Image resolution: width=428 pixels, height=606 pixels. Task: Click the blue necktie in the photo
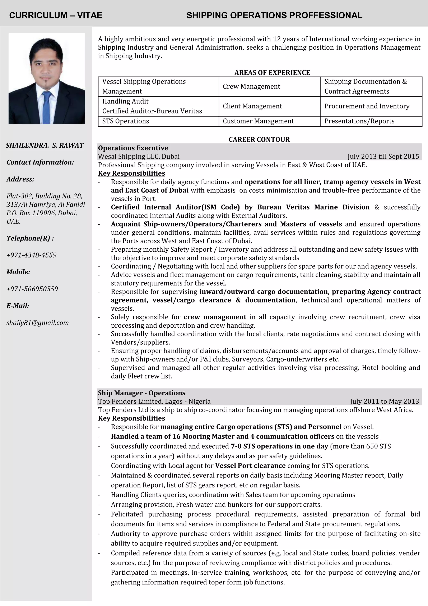pos(47,108)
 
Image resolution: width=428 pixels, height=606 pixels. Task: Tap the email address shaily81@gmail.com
pos(37,323)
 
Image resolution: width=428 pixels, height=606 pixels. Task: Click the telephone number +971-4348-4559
pos(31,255)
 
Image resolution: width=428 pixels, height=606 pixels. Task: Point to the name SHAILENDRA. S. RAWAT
pos(45,145)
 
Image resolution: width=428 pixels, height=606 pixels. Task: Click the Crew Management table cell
pos(251,87)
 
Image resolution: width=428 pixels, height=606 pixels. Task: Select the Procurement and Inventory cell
pos(367,106)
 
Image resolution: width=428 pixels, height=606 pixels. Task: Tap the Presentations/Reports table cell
pos(359,121)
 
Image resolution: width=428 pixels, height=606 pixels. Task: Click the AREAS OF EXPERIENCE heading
pos(272,73)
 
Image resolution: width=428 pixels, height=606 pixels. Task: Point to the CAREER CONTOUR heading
pos(259,139)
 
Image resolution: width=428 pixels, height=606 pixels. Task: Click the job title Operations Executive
pos(133,148)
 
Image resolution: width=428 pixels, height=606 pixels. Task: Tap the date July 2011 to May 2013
pos(384,401)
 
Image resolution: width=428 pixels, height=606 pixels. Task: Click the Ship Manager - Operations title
pos(141,393)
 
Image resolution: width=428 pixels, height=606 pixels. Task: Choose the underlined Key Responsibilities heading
pos(131,173)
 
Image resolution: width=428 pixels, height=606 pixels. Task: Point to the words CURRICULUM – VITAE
pos(56,15)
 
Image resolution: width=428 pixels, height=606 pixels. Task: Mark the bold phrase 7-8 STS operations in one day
pos(279,446)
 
